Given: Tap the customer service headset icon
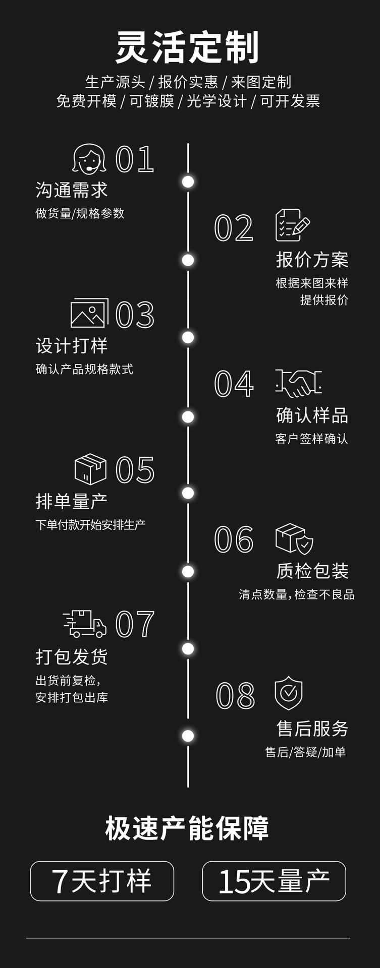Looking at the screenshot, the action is [89, 159].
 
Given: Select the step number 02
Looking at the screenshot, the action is [234, 228].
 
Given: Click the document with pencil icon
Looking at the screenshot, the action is [292, 225].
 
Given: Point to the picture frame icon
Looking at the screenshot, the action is [89, 313].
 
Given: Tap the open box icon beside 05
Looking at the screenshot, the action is [90, 469].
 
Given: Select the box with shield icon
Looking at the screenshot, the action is [294, 538].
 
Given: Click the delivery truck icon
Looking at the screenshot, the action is [85, 624].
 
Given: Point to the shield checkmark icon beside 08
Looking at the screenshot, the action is [289, 693].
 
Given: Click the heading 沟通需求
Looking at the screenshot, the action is [72, 190].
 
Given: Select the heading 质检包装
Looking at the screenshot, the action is [312, 571].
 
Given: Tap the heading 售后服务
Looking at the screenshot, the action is [312, 728].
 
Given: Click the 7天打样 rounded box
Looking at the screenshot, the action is [102, 881].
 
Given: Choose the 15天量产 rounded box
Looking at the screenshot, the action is [274, 881].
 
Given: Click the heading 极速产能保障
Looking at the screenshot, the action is [187, 828].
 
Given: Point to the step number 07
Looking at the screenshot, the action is [135, 624].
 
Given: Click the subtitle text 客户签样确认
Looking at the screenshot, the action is [311, 439].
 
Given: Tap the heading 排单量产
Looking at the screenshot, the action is [72, 501].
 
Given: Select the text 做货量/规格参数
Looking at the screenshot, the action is [80, 213].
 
